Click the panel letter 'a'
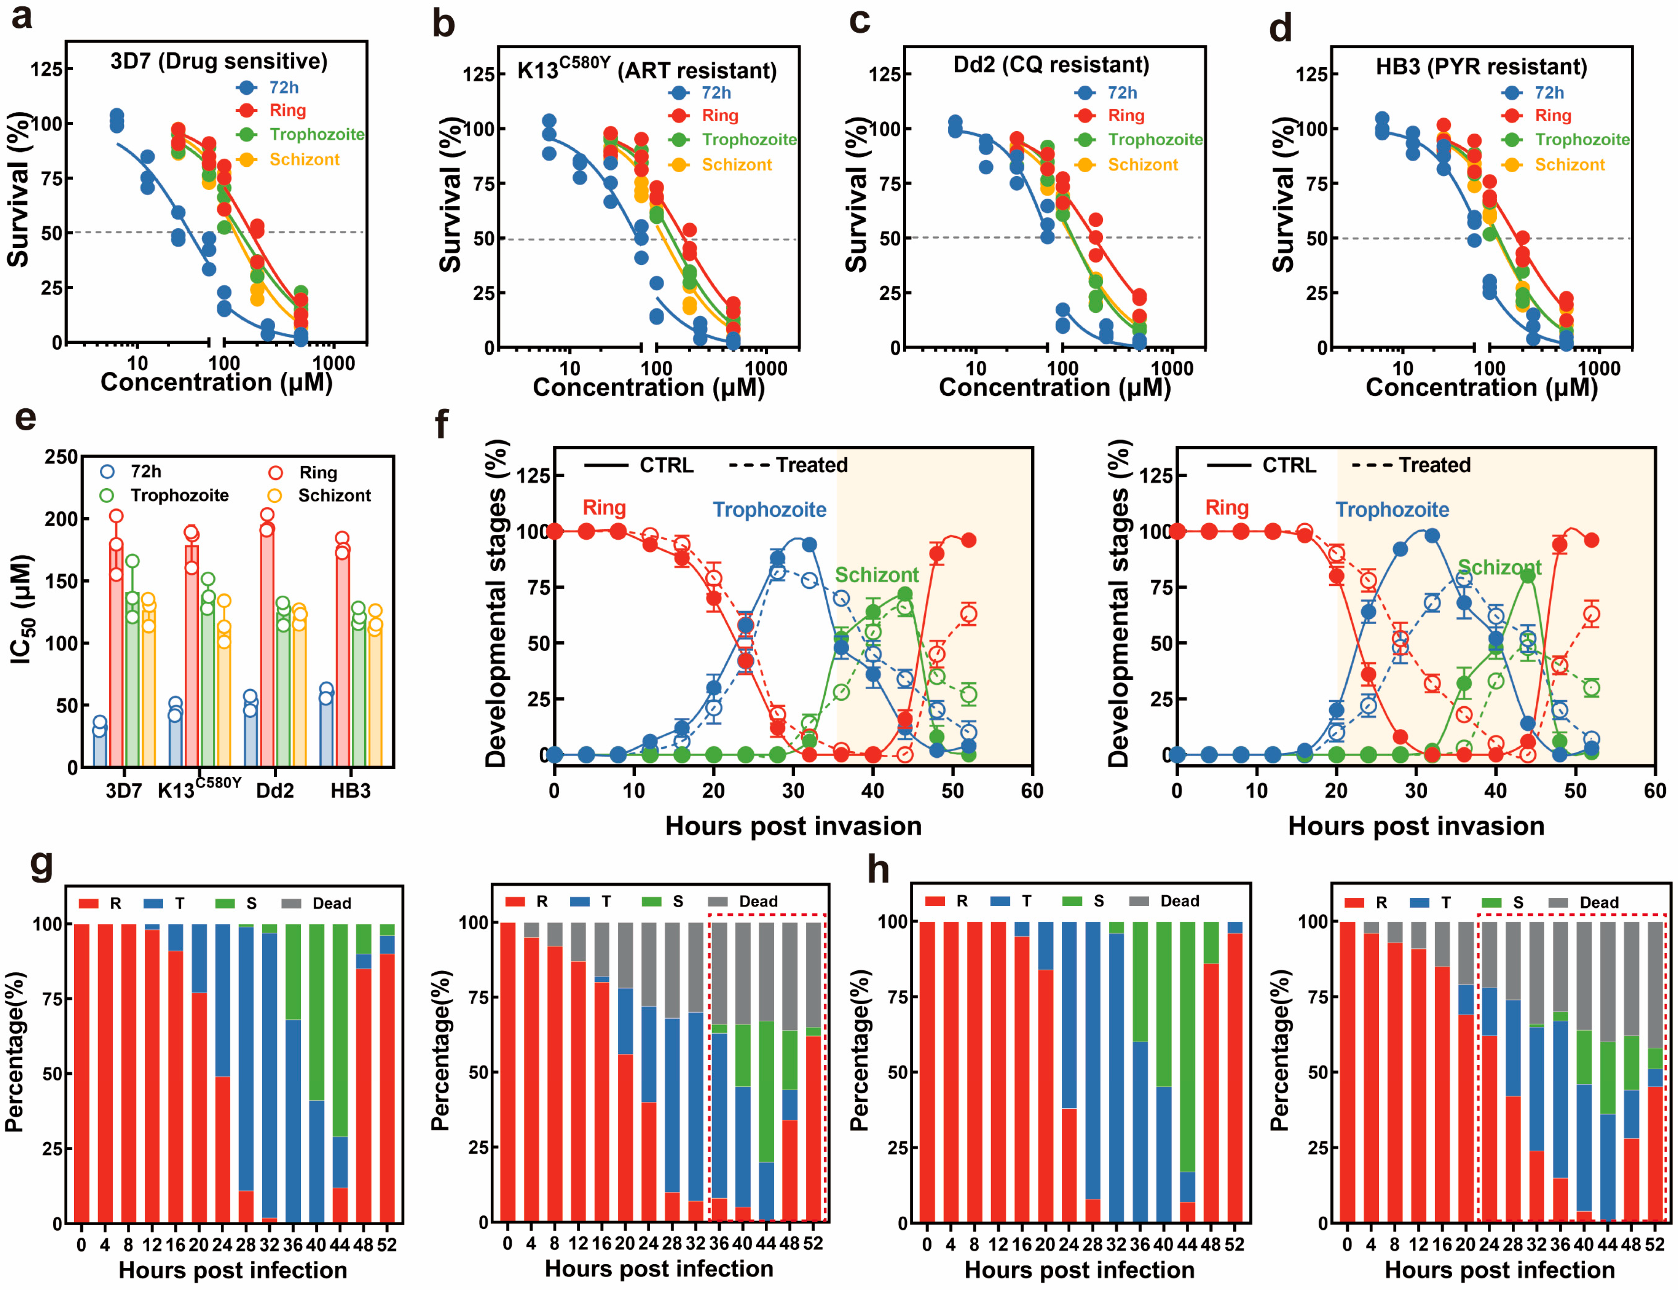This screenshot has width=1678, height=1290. pos(21,17)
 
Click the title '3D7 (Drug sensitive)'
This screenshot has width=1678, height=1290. pos(219,61)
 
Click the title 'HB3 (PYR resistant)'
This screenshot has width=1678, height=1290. pos(1481,67)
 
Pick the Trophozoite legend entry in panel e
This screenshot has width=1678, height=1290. pos(179,495)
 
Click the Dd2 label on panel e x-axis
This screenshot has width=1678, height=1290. pos(275,791)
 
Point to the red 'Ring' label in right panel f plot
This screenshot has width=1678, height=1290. pos(1227,507)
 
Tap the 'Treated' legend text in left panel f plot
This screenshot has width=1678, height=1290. pos(812,465)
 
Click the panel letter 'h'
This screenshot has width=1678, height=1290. pos(878,870)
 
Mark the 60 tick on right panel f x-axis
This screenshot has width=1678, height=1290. pos(1654,791)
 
